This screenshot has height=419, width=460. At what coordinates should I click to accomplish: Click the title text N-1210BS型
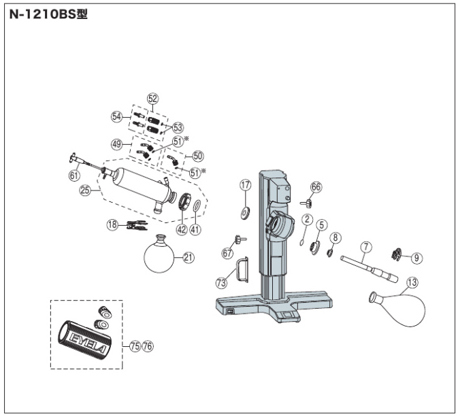click(x=48, y=14)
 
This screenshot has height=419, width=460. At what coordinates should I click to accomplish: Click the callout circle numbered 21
click(x=188, y=257)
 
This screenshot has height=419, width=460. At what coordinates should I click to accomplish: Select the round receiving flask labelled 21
click(x=159, y=253)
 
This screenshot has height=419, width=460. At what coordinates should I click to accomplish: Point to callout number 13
click(x=412, y=282)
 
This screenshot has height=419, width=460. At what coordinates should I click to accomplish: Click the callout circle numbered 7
click(x=366, y=247)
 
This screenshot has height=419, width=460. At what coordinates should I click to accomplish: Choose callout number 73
click(x=221, y=283)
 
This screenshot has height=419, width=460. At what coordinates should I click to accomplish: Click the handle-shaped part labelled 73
click(x=242, y=269)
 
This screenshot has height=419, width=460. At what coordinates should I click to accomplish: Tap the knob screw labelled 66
click(x=306, y=202)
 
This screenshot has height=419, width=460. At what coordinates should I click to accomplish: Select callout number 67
click(x=227, y=253)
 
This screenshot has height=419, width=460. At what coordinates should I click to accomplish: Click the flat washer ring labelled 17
click(x=245, y=213)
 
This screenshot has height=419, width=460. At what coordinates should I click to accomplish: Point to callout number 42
click(x=182, y=229)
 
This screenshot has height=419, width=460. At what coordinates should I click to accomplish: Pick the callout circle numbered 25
click(x=85, y=190)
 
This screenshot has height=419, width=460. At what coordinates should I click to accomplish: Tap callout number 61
click(x=74, y=175)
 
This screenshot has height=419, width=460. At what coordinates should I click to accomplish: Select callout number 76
click(x=148, y=346)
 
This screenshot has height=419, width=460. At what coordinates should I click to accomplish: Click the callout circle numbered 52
click(x=152, y=99)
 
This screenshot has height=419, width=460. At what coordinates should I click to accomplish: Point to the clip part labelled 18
click(x=137, y=225)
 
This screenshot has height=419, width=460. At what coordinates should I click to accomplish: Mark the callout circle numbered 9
click(x=416, y=258)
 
